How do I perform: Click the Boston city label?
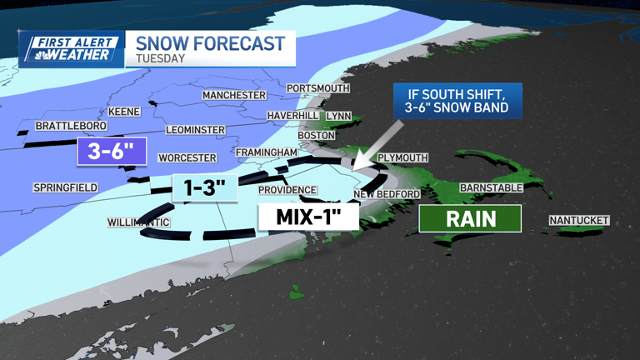[317, 135]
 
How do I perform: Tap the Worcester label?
[187, 157]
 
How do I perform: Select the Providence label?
[287, 190]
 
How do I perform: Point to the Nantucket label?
[579, 221]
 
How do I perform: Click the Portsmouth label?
[317, 88]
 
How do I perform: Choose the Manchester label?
[234, 95]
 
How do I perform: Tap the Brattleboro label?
[71, 126]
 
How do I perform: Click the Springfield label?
[66, 187]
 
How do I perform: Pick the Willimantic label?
[138, 222]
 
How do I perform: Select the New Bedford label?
[387, 194]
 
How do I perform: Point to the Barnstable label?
[491, 188]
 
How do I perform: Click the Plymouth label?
[402, 157]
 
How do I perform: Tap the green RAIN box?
[470, 219]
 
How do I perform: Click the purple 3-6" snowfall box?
[112, 152]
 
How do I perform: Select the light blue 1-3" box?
[205, 187]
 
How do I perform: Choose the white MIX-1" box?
[307, 218]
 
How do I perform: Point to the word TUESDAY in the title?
[160, 59]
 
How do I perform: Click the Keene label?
[124, 112]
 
